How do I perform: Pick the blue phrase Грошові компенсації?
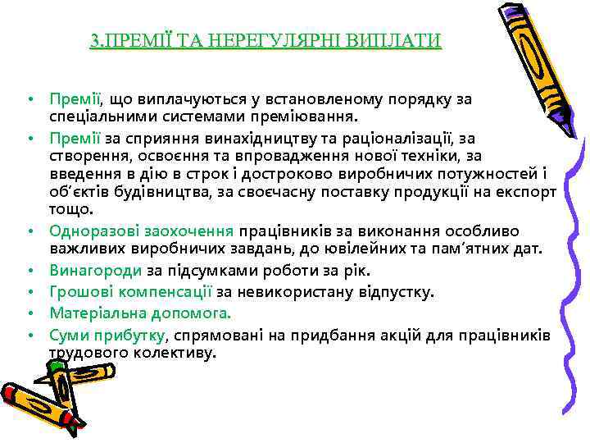click(x=131, y=291)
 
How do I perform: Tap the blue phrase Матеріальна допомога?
click(x=140, y=313)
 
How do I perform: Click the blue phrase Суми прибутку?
click(x=107, y=334)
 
